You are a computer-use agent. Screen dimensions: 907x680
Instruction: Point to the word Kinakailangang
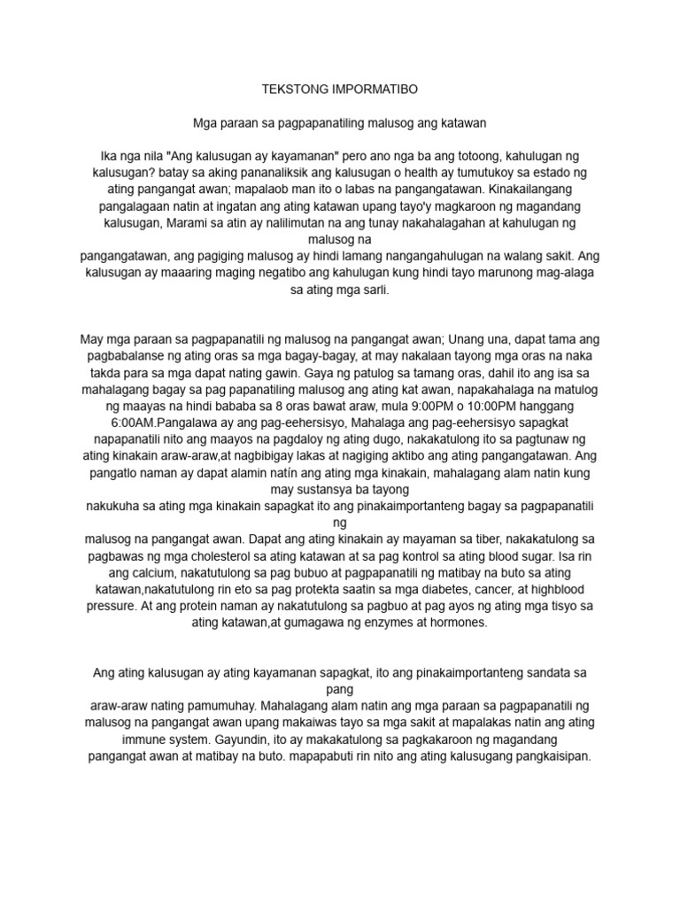528,190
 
